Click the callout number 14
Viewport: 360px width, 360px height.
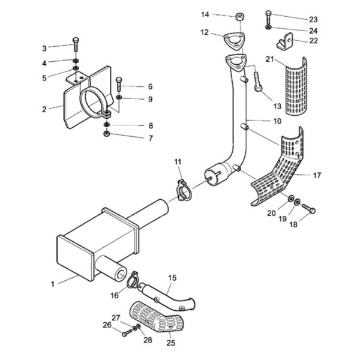pyautogui.click(x=205, y=14)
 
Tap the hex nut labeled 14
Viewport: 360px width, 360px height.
pyautogui.click(x=239, y=17)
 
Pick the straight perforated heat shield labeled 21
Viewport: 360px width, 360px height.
pyautogui.click(x=296, y=86)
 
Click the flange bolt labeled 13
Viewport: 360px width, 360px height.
pyautogui.click(x=258, y=82)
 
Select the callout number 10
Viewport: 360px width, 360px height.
pyautogui.click(x=277, y=121)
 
